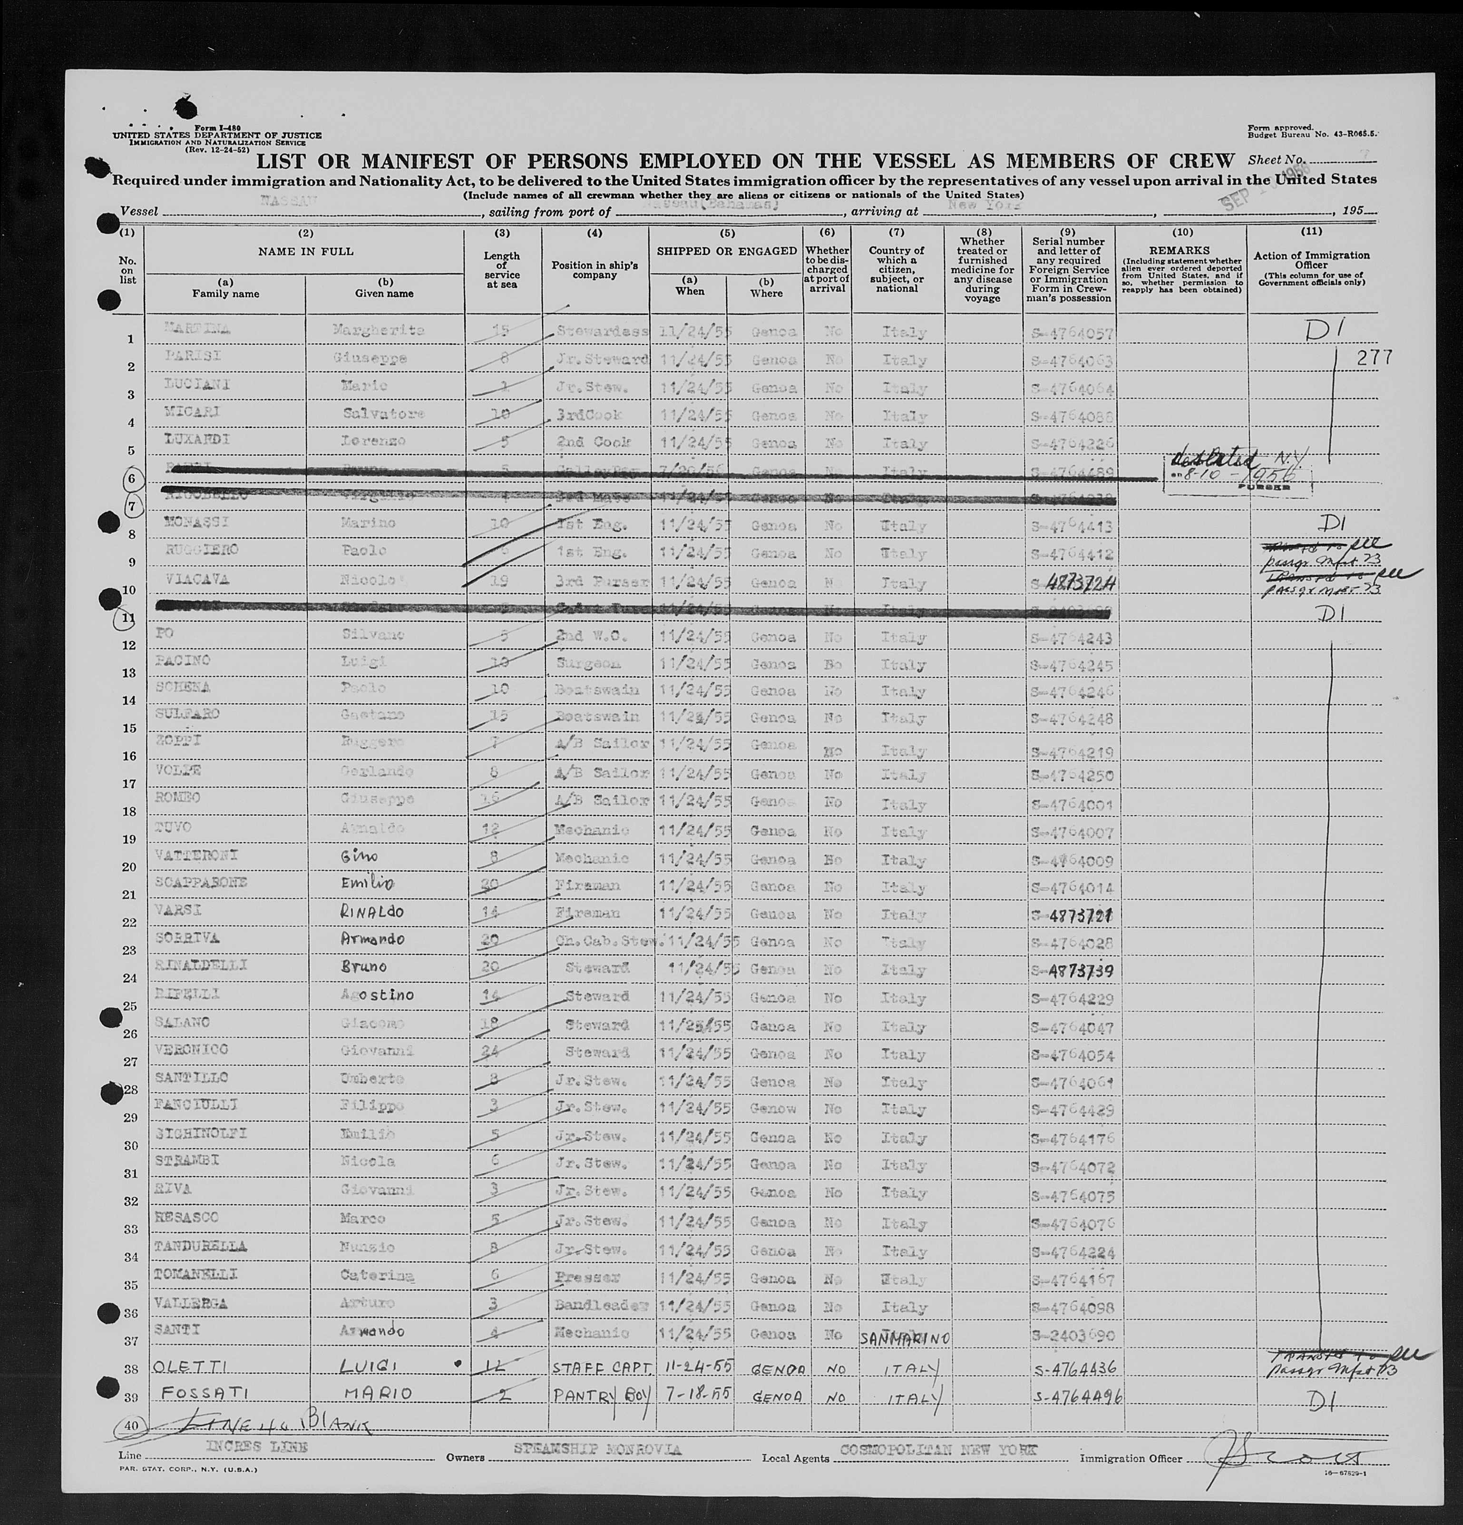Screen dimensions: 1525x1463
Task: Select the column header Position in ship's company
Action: pyautogui.click(x=595, y=270)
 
